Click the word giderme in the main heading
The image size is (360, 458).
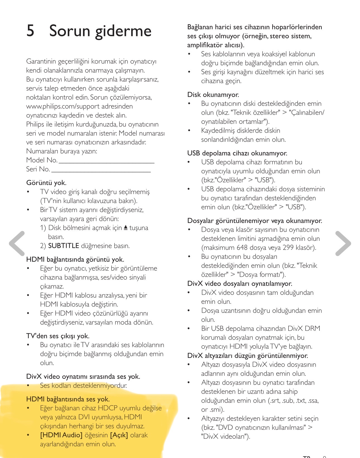123,31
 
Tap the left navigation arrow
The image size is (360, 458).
17,244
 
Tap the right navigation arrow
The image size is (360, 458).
343,244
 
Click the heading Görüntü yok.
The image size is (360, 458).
46,183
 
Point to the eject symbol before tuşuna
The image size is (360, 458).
126,228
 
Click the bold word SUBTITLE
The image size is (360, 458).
64,246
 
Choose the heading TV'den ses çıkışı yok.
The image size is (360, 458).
58,336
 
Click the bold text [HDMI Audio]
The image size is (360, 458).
61,435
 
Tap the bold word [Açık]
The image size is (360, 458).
119,435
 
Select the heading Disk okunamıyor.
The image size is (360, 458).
213,95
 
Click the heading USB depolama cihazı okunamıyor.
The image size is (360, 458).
237,153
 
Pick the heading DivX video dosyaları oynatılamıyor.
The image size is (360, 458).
239,284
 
